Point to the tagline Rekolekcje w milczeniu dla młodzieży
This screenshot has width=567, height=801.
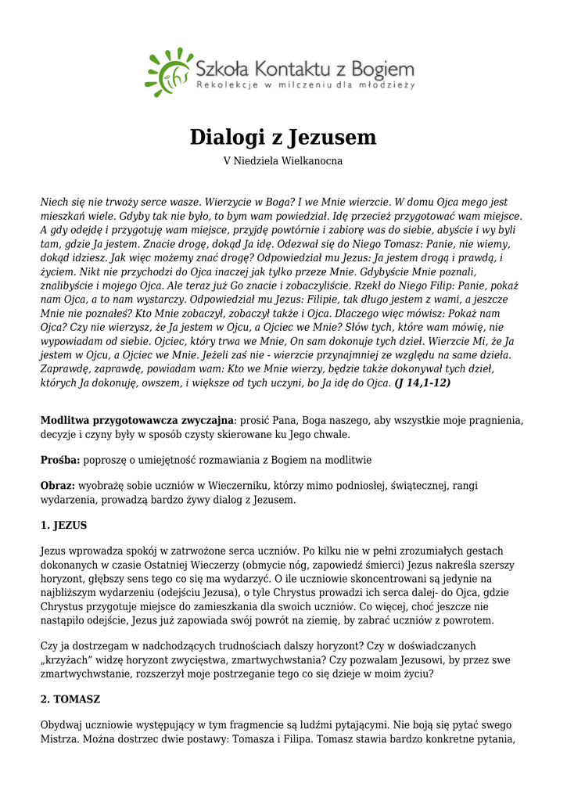305,84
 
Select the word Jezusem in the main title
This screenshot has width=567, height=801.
333,138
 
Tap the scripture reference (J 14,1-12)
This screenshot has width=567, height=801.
422,383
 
